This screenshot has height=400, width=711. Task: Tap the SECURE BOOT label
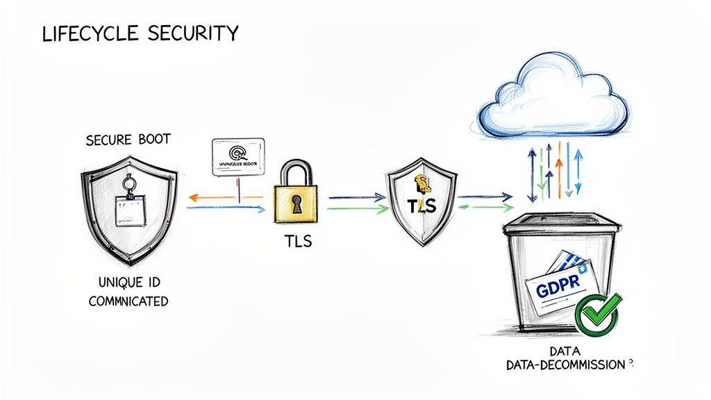(x=128, y=140)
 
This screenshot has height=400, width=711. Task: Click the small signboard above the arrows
(x=237, y=156)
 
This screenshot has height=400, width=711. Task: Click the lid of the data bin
(x=561, y=224)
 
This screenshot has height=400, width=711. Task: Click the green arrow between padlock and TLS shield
(x=354, y=208)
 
